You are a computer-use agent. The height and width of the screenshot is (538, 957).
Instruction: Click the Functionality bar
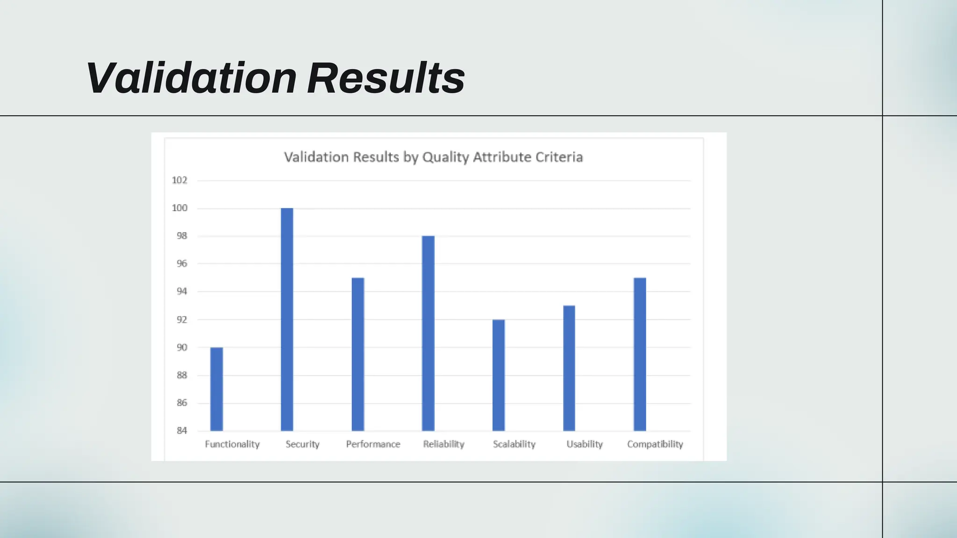tap(216, 389)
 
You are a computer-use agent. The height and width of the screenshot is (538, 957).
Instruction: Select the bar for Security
tap(287, 319)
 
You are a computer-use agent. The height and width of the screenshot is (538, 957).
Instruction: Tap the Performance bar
tap(358, 354)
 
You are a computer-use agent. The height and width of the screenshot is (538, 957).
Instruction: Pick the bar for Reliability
tap(428, 333)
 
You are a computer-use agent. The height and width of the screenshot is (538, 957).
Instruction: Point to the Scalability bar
tap(499, 375)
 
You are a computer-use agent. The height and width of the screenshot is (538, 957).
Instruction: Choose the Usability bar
tap(569, 368)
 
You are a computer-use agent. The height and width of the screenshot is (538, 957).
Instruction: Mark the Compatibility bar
tap(640, 354)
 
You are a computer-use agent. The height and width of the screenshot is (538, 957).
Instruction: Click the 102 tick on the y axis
tap(179, 180)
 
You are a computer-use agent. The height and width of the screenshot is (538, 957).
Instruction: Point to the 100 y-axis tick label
tap(179, 208)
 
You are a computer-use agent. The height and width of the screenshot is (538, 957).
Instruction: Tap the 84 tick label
tap(181, 431)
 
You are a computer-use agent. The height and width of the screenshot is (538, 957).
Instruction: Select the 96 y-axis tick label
tap(181, 264)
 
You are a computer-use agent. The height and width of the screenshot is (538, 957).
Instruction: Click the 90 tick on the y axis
tap(181, 347)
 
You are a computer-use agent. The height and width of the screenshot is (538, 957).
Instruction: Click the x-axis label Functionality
tap(232, 444)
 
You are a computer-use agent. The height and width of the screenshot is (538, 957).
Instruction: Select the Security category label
tap(302, 444)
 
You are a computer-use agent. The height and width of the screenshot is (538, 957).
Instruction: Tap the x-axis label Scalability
tap(514, 444)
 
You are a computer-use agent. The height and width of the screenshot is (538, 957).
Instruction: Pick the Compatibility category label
tap(655, 444)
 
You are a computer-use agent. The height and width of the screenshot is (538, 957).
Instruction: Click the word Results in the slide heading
tap(386, 78)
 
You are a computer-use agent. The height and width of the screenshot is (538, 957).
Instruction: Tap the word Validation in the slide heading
tap(192, 78)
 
